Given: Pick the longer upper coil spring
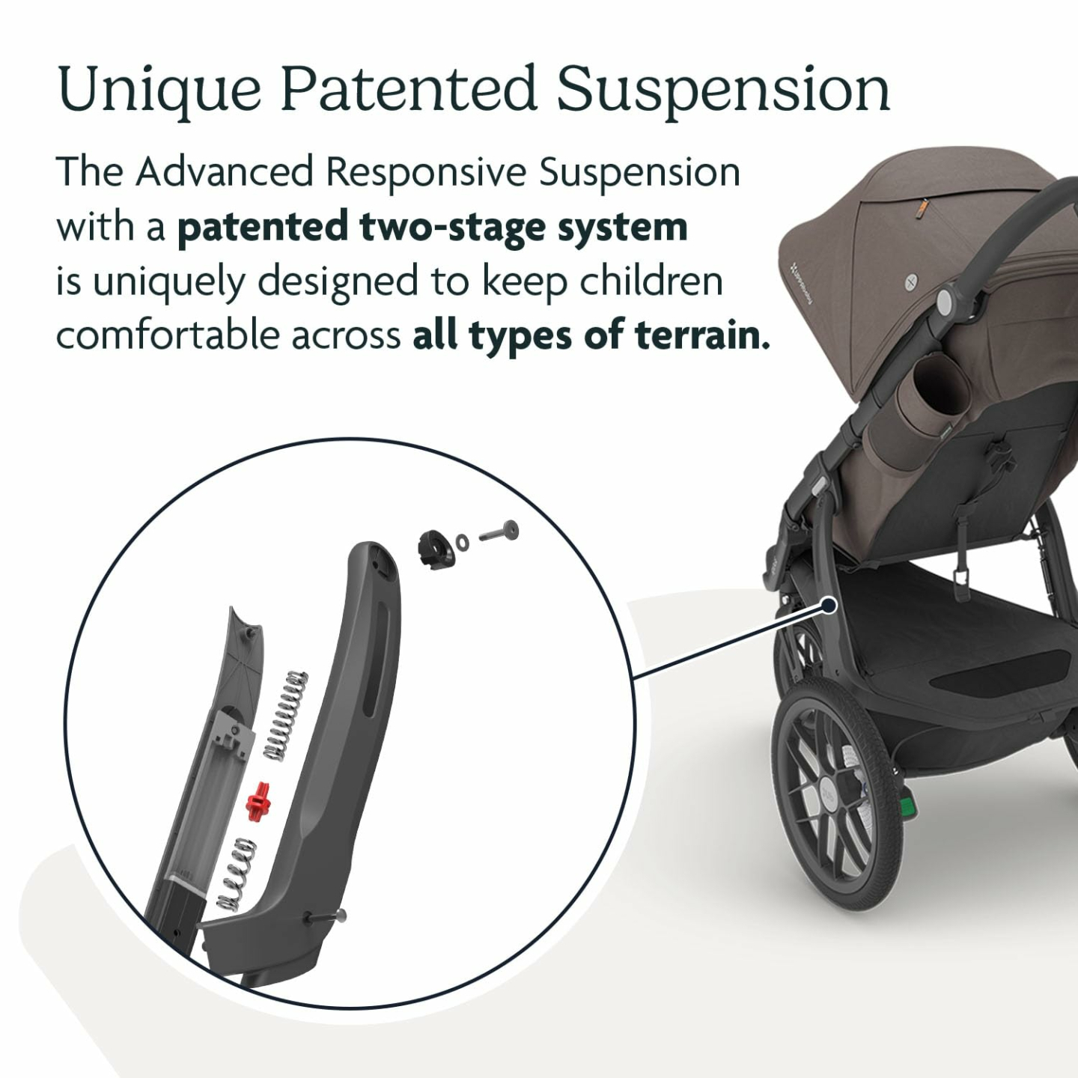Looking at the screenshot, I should (x=288, y=714).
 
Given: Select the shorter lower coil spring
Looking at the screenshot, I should (x=237, y=873).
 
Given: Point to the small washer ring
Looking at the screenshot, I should (x=463, y=540).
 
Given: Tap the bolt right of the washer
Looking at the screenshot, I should (x=499, y=534).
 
